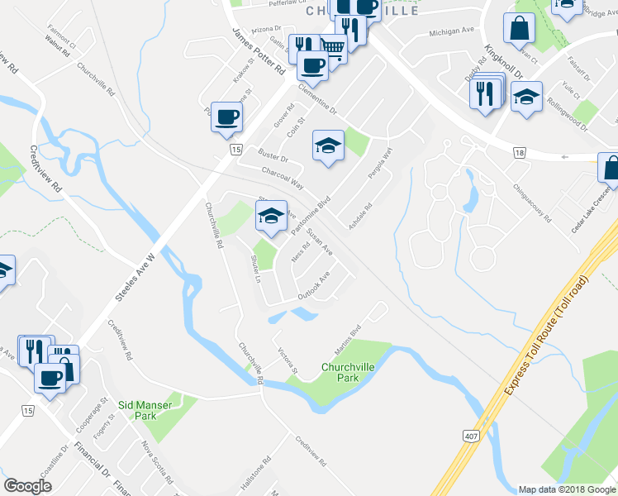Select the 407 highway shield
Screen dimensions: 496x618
click(x=469, y=437)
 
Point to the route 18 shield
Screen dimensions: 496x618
click(x=519, y=153)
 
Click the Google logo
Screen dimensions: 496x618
click(x=27, y=486)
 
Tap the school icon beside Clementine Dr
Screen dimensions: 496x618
click(x=328, y=147)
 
